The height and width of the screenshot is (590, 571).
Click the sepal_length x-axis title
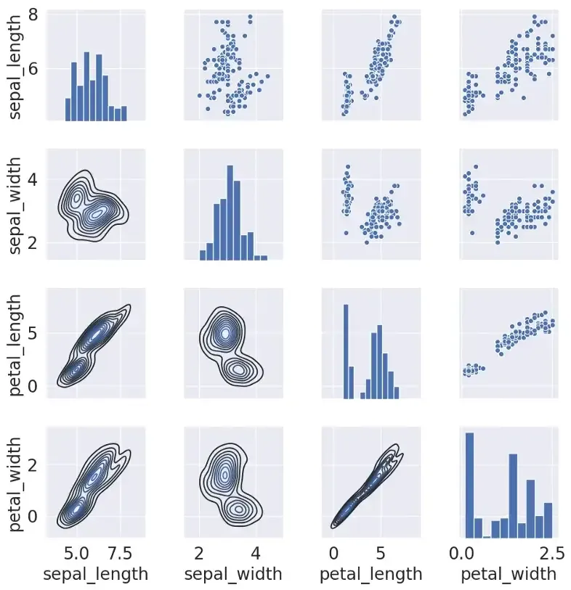click(96, 574)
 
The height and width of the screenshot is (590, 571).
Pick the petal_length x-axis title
click(371, 574)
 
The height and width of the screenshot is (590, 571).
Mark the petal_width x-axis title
click(509, 574)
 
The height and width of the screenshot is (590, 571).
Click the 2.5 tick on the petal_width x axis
click(551, 554)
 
